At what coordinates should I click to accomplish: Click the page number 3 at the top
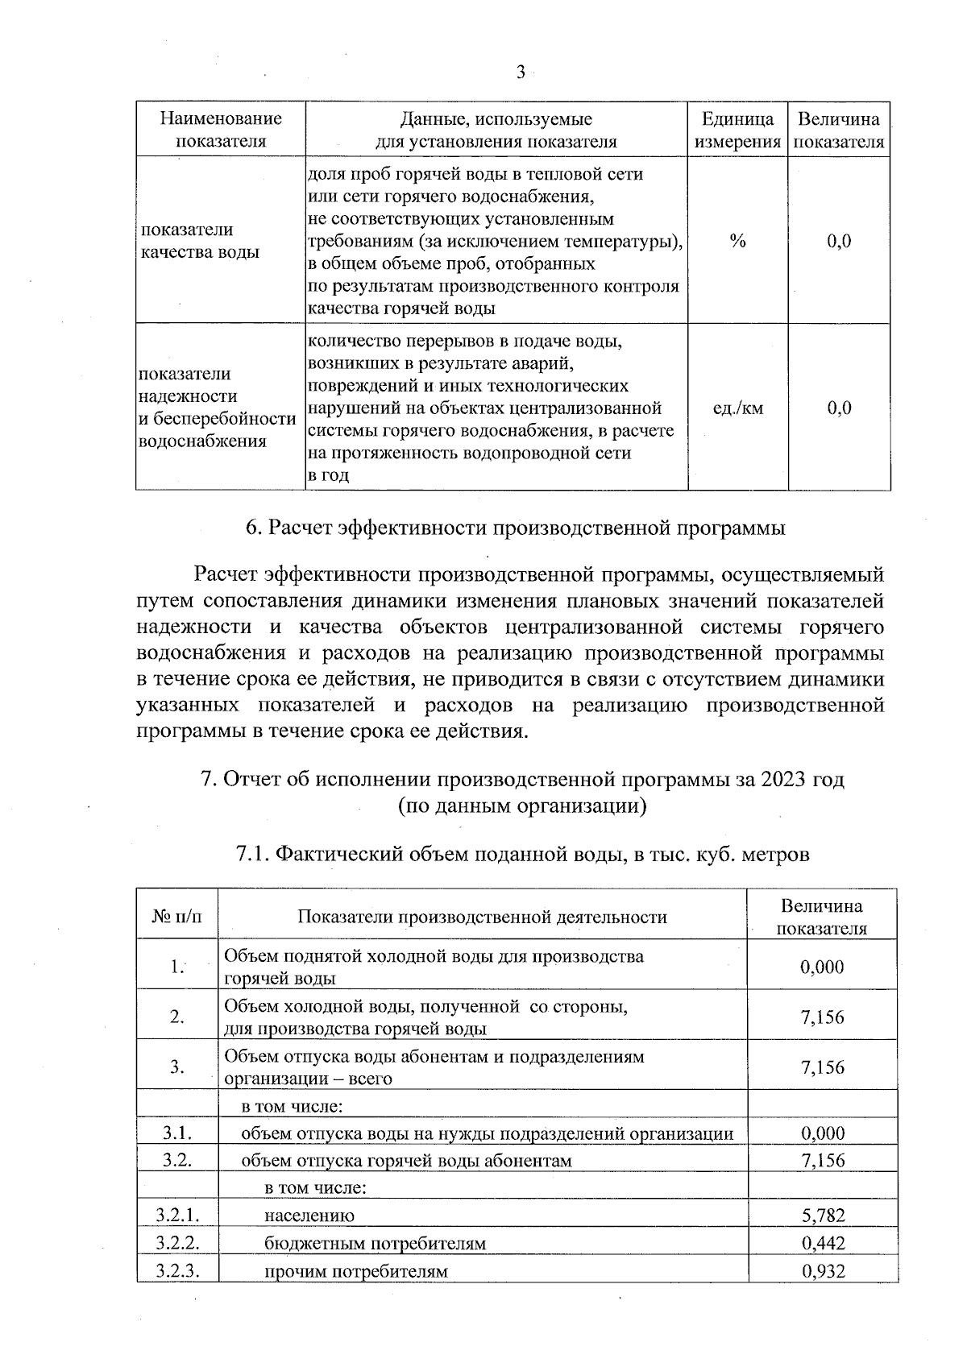click(520, 73)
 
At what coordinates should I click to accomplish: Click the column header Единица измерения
click(737, 130)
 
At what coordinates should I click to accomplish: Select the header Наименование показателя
click(221, 130)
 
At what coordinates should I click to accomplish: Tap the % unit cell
click(737, 241)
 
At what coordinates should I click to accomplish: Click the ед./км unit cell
click(737, 408)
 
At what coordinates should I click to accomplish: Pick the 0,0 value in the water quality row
click(839, 241)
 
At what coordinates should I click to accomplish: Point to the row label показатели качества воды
click(200, 241)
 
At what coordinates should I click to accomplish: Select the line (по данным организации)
click(522, 806)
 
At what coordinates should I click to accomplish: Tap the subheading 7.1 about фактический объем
click(522, 854)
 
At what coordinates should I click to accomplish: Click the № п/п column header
click(177, 917)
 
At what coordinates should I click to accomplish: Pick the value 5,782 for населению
click(823, 1215)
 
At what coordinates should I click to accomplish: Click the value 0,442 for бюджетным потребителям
click(823, 1243)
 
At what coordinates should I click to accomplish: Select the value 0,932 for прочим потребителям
click(823, 1271)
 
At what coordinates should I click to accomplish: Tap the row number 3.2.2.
click(177, 1243)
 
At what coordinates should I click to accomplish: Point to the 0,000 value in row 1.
click(823, 967)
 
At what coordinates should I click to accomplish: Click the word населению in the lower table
click(309, 1216)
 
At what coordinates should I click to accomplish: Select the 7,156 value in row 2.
click(823, 1017)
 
